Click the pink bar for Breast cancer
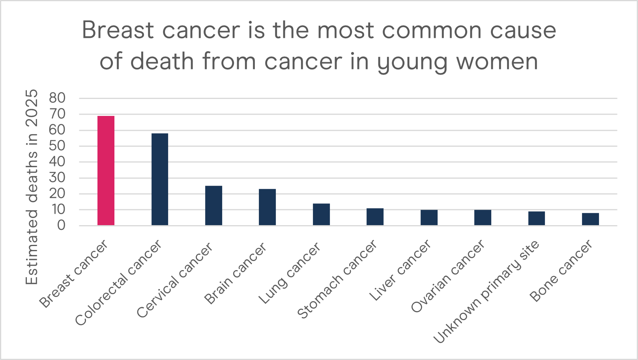(x=106, y=170)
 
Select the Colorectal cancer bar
(x=160, y=179)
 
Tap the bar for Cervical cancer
(x=213, y=205)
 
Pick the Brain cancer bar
(x=267, y=207)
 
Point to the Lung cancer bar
(x=321, y=214)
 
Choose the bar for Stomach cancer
(x=375, y=216)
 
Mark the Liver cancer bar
(x=429, y=217)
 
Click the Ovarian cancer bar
(x=483, y=217)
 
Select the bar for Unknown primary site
(x=537, y=218)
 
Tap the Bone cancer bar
(x=590, y=219)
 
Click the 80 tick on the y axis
(x=57, y=98)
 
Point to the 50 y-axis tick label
(x=57, y=146)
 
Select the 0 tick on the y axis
(x=61, y=226)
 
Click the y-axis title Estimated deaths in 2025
(x=32, y=187)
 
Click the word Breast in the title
(x=118, y=30)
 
